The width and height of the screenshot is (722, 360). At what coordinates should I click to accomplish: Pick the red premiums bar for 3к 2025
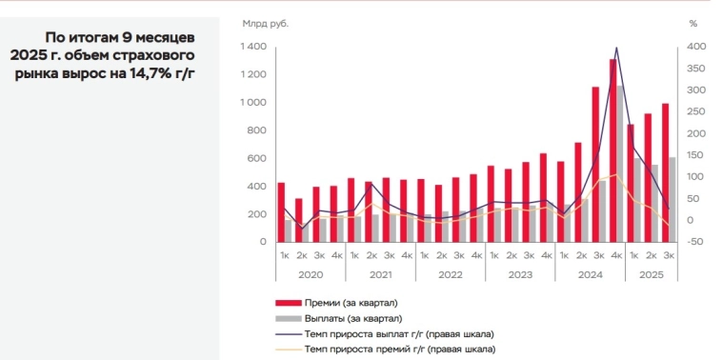[x=665, y=172]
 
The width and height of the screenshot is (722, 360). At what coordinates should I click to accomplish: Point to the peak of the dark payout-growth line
[x=616, y=48]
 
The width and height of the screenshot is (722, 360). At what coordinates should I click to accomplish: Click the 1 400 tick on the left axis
[x=252, y=47]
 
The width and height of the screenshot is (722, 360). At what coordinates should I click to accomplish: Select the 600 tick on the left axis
[x=255, y=158]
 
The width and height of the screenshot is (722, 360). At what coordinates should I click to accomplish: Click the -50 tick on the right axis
[x=695, y=242]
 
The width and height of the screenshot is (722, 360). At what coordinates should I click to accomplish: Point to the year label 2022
[x=450, y=274]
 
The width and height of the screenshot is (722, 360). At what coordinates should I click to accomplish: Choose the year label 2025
[x=651, y=274]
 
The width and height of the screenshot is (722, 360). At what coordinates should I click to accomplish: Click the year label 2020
[x=310, y=274]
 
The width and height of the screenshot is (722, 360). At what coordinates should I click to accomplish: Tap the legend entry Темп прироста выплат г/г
[x=399, y=334]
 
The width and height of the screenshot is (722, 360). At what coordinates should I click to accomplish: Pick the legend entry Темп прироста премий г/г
[x=399, y=350]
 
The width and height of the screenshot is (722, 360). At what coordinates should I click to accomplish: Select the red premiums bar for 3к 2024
[x=595, y=164]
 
